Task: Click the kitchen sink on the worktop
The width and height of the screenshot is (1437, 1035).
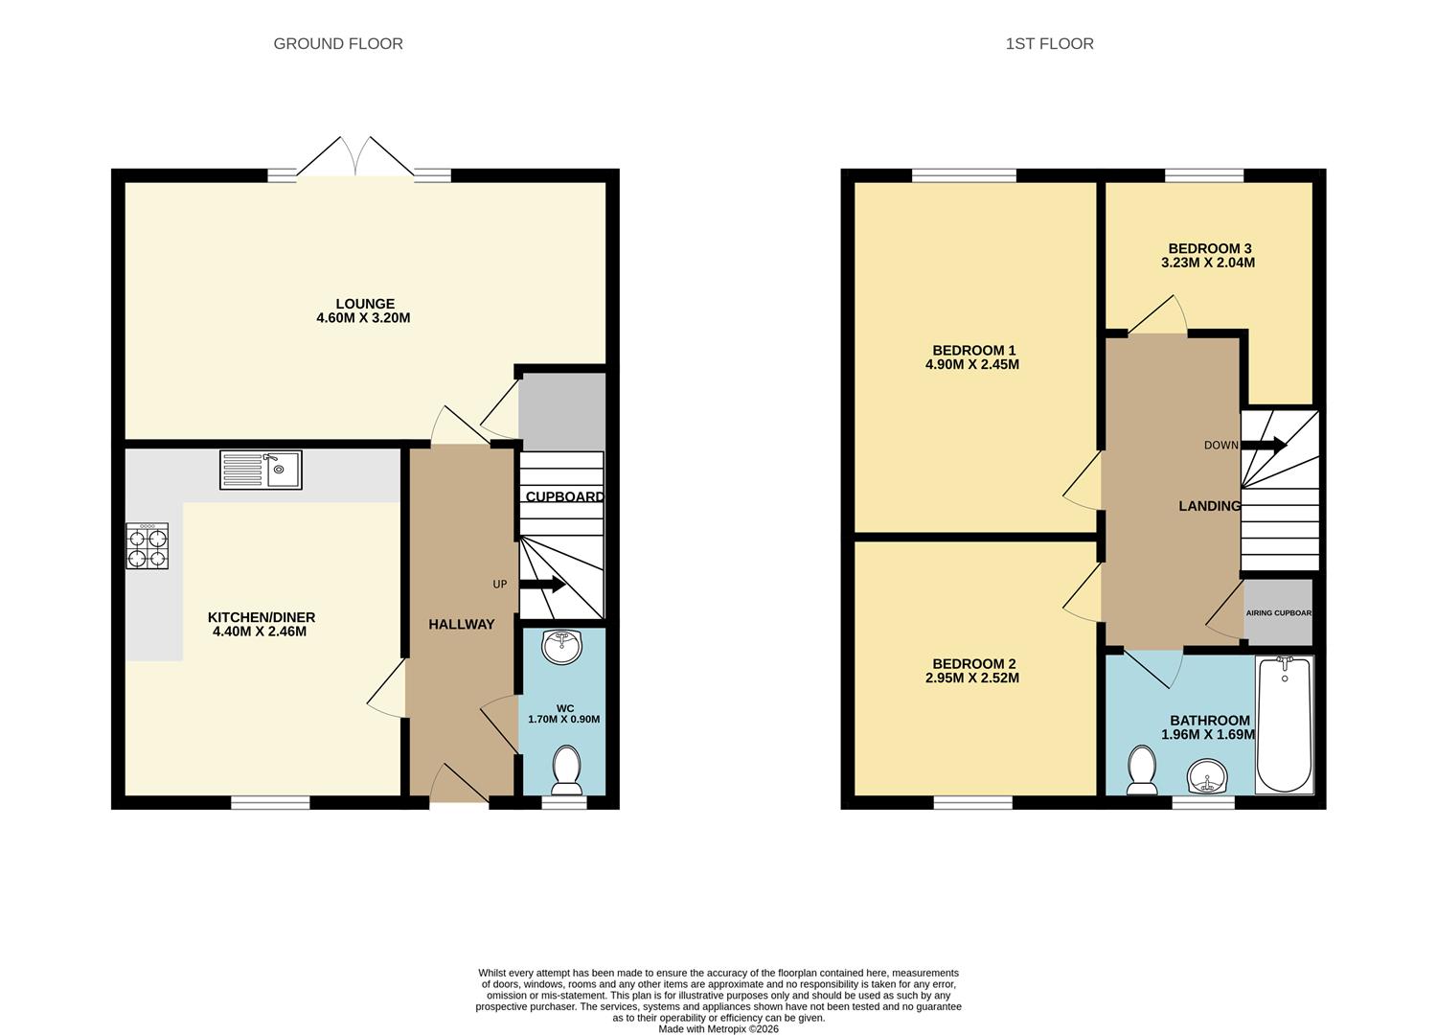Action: click(x=261, y=470)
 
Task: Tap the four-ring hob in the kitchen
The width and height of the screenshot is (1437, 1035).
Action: click(x=147, y=546)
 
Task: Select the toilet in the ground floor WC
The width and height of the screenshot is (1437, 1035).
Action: click(x=566, y=770)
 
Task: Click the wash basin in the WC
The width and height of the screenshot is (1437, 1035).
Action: click(x=561, y=647)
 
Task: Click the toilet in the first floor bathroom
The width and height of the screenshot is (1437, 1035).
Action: click(x=1141, y=770)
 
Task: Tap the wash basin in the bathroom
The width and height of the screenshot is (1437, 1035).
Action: click(x=1206, y=776)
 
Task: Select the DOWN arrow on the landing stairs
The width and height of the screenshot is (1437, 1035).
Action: click(x=1265, y=445)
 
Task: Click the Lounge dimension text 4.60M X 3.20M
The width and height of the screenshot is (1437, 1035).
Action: click(x=363, y=318)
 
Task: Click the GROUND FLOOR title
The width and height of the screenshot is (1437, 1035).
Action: click(x=338, y=44)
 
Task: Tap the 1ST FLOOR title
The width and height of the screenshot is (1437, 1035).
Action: click(x=1049, y=44)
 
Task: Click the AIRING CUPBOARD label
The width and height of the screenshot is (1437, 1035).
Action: click(x=1278, y=613)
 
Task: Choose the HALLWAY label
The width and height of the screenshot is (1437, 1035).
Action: click(x=462, y=625)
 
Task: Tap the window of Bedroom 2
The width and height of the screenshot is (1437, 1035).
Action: click(x=972, y=803)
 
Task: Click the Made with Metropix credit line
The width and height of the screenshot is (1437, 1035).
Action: click(x=718, y=1029)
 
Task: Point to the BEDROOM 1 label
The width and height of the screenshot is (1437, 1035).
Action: click(x=974, y=351)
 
